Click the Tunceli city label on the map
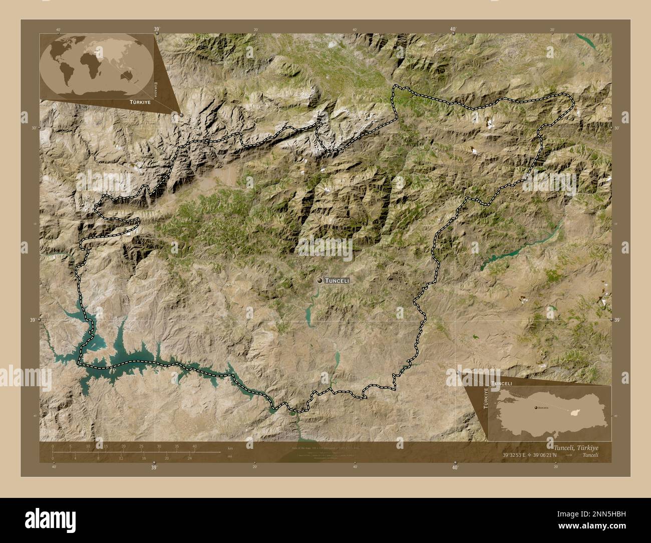(337, 281)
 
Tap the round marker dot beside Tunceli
(320, 281)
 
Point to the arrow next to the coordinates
(571, 455)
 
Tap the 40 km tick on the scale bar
(194, 446)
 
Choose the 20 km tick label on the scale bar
(123, 446)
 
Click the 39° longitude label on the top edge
(157, 30)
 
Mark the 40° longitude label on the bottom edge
(455, 467)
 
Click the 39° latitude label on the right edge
(617, 320)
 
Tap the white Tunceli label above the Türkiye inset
(502, 383)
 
